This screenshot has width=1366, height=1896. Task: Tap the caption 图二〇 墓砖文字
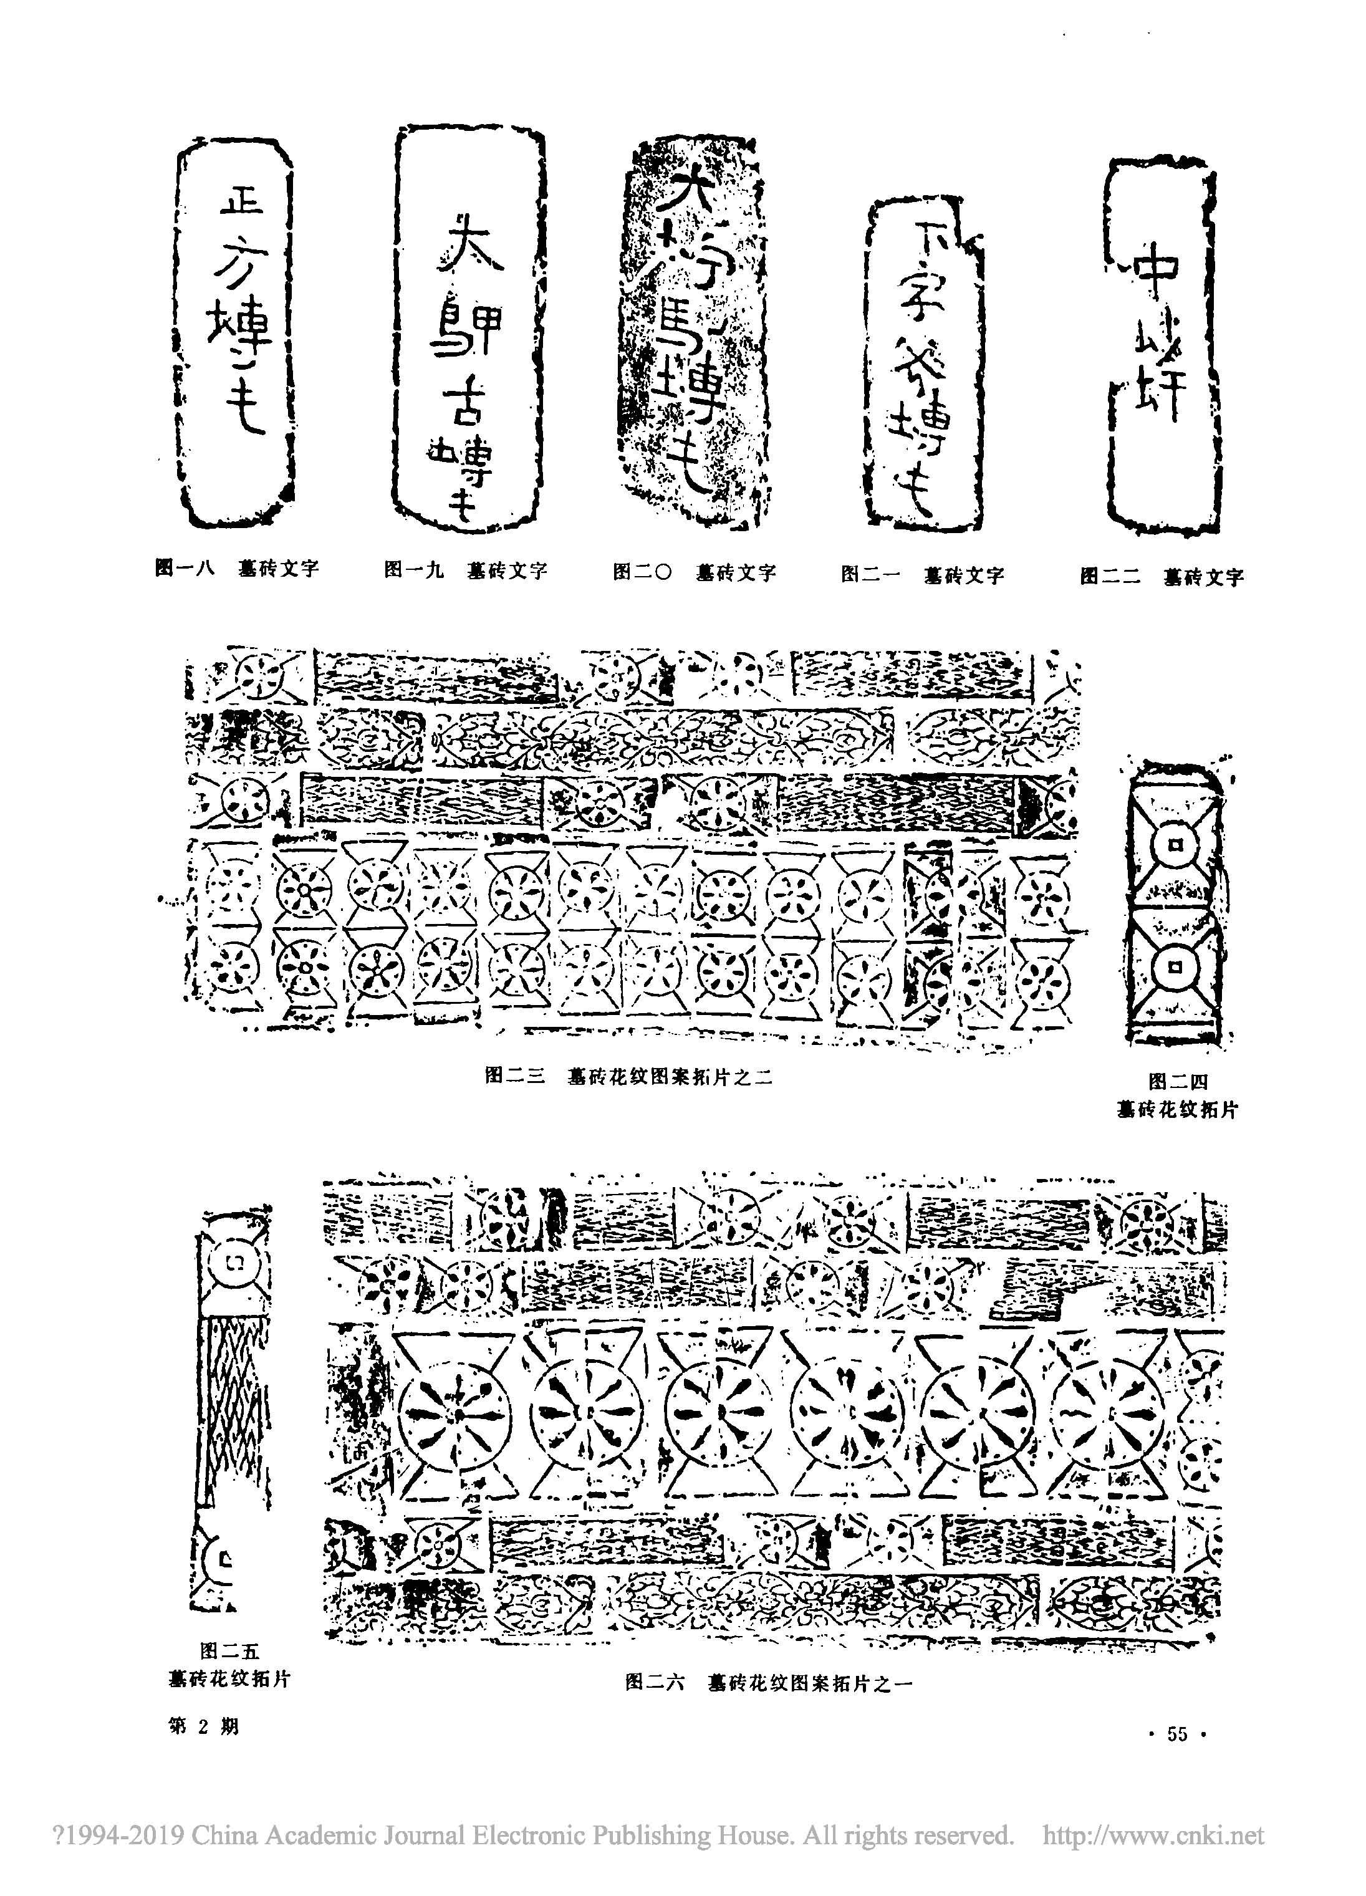pos(694,572)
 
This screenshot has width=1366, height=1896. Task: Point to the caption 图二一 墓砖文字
pos(922,575)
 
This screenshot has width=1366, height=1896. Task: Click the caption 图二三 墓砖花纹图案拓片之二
pos(628,1077)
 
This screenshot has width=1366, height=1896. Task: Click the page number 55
pos(1176,1734)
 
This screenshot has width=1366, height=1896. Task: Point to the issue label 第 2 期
pos(203,1725)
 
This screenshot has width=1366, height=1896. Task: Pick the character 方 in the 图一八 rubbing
pos(236,267)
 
